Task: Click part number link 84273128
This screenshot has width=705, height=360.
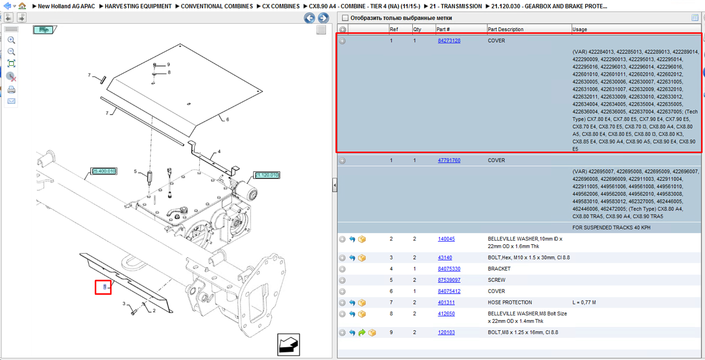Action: tap(449, 40)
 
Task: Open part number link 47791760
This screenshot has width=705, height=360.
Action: tap(449, 160)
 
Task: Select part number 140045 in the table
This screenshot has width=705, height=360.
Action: tap(446, 239)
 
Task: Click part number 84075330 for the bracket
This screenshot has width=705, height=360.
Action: tap(449, 269)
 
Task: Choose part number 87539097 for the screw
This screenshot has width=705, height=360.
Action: tap(449, 280)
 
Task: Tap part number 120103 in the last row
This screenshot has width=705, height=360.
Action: tap(446, 332)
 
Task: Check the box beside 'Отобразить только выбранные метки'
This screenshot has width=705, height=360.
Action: tap(345, 18)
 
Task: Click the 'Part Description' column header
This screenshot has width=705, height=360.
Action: tap(505, 29)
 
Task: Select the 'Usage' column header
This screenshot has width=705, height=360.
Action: tap(580, 29)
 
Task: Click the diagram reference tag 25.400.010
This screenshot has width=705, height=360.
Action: tap(104, 171)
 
